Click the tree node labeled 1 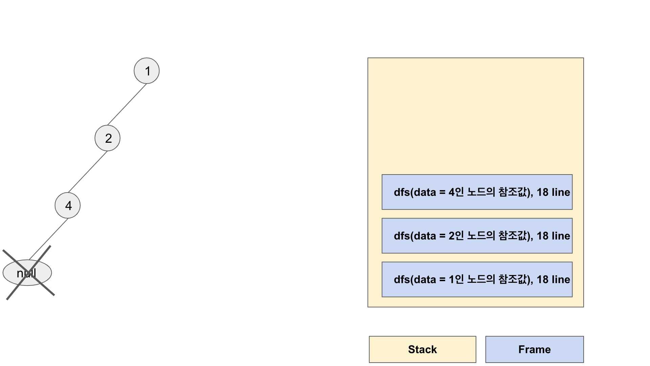click(x=147, y=71)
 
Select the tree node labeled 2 click(x=107, y=138)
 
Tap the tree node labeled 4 click(x=68, y=205)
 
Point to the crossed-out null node click(x=27, y=273)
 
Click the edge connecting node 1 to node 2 click(x=127, y=104)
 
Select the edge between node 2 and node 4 click(x=88, y=172)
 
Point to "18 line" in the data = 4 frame click(x=553, y=192)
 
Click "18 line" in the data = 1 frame click(x=553, y=279)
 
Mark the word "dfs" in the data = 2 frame click(x=402, y=236)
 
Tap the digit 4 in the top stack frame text click(x=452, y=192)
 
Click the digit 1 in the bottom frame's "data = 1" click(x=452, y=279)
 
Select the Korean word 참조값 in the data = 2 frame click(x=513, y=235)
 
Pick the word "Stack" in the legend click(x=422, y=349)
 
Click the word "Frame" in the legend click(x=534, y=349)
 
